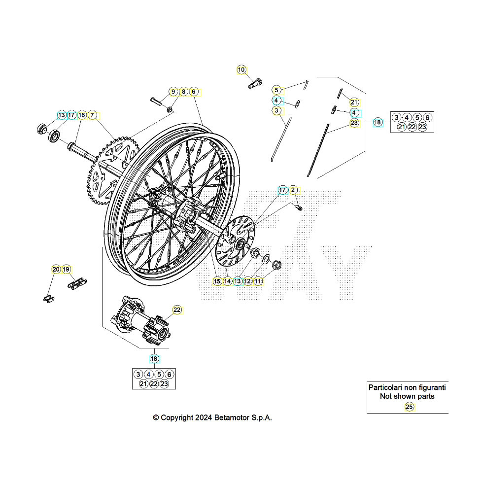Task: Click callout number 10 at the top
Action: (x=241, y=69)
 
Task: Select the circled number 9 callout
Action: (x=173, y=91)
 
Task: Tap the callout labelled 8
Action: (x=183, y=91)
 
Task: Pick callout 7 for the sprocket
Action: (x=92, y=115)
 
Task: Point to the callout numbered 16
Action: (x=82, y=115)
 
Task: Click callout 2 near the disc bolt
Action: (x=293, y=190)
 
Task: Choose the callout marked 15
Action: (x=217, y=281)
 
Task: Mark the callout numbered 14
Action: (x=227, y=281)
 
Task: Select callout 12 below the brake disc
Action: (x=248, y=281)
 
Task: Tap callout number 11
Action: (x=258, y=281)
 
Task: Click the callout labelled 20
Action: (x=56, y=269)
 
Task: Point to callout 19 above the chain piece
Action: (x=66, y=269)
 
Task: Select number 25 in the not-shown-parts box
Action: (x=409, y=407)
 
